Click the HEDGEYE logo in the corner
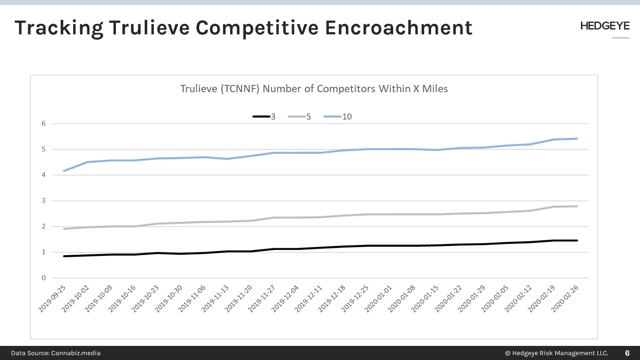[605, 26]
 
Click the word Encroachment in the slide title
[398, 28]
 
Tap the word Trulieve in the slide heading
[149, 28]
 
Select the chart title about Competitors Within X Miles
[314, 89]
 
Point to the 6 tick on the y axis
[44, 123]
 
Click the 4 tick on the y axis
[44, 175]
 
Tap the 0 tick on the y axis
[44, 278]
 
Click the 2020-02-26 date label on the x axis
[566, 298]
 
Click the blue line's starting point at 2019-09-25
[65, 171]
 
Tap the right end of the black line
[577, 241]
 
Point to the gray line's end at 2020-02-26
[577, 206]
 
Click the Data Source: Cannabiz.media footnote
[56, 353]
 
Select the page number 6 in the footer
[627, 353]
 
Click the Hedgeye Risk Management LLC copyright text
[556, 353]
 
